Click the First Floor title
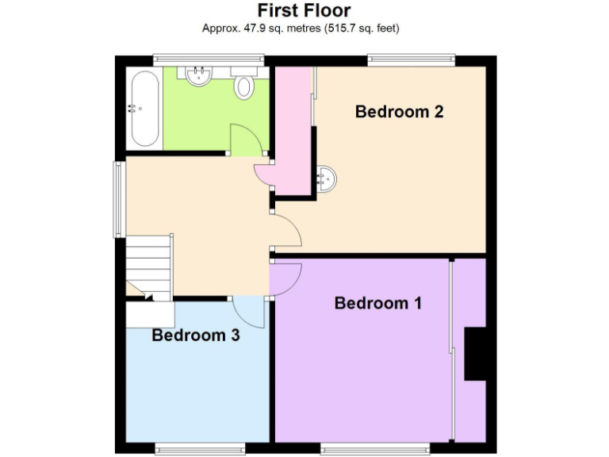pyautogui.click(x=304, y=10)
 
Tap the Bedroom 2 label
pyautogui.click(x=399, y=111)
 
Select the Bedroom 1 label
pyautogui.click(x=378, y=303)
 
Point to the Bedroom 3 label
pyautogui.click(x=196, y=335)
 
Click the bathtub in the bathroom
pyautogui.click(x=144, y=108)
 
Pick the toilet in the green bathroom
pyautogui.click(x=244, y=86)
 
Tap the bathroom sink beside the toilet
pyautogui.click(x=197, y=75)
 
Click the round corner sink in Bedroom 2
pyautogui.click(x=326, y=179)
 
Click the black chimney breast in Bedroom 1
pyautogui.click(x=475, y=353)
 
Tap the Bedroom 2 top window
pyautogui.click(x=411, y=59)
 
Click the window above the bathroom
pyautogui.click(x=209, y=58)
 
